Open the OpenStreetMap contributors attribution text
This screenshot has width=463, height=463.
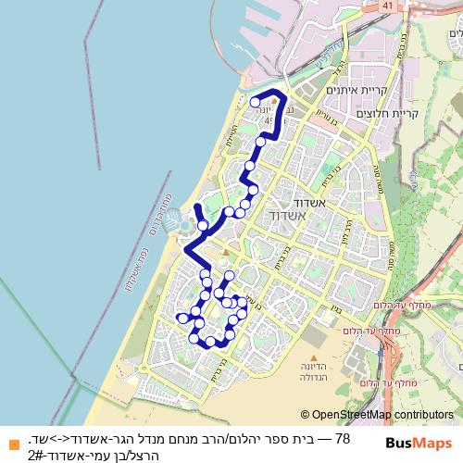coord(382,415)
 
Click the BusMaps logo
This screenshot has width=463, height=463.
coord(418,443)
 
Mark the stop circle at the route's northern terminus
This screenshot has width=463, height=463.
coord(255,102)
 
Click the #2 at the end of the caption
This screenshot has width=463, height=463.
coord(37,455)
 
